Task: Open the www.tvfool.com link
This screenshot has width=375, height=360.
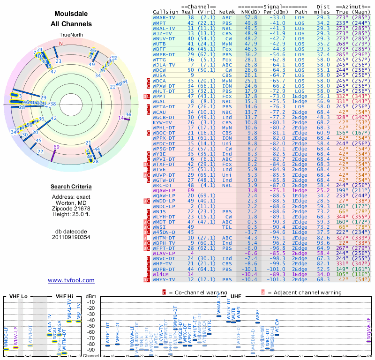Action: tap(71, 280)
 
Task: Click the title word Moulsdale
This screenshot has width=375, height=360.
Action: tap(71, 15)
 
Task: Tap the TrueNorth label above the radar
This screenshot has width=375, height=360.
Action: tap(71, 35)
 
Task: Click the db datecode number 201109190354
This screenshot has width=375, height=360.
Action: tap(71, 237)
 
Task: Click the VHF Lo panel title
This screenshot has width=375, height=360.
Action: tap(15, 296)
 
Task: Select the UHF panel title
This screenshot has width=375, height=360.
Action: tap(236, 296)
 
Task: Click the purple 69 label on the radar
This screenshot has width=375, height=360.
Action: tap(56, 147)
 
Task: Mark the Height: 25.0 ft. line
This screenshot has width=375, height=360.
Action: tap(71, 215)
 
